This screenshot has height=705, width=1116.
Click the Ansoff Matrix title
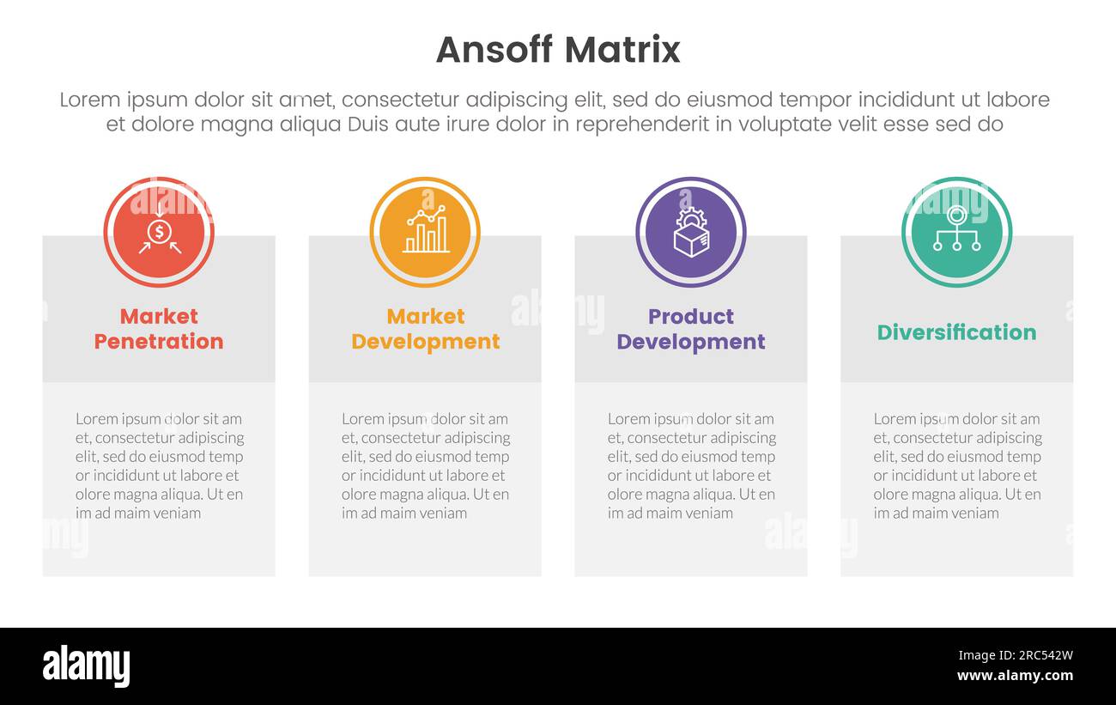[x=558, y=50]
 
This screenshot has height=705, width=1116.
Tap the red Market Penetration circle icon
[x=159, y=232]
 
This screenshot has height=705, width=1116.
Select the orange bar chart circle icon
[x=425, y=232]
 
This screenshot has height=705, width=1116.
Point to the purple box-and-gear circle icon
[x=691, y=232]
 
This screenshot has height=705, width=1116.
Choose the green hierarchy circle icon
[x=956, y=232]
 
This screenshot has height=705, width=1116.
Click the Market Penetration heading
[x=159, y=329]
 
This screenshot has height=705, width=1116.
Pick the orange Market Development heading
[x=425, y=329]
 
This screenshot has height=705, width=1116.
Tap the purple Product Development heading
[x=691, y=329]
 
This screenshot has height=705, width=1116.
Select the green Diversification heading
[x=956, y=332]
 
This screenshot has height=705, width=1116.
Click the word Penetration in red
[x=159, y=342]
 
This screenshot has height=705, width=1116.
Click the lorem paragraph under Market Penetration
[x=159, y=465]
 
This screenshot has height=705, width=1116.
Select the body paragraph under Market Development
[x=425, y=465]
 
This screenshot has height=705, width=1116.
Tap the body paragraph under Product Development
[x=691, y=465]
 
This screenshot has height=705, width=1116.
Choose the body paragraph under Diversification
[x=956, y=465]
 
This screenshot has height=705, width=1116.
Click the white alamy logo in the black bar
[x=87, y=666]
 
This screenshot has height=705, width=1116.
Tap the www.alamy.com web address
[x=1015, y=676]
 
